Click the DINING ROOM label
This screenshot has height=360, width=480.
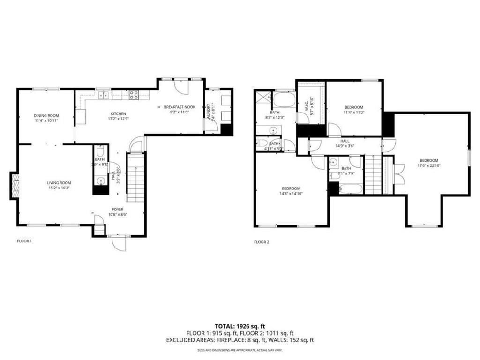tap(46, 115)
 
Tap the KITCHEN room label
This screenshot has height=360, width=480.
tap(118, 113)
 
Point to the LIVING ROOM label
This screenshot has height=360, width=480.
tap(59, 182)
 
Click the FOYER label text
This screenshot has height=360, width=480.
tap(118, 209)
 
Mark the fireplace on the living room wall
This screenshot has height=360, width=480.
tap(15, 186)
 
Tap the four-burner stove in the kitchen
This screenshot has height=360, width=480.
tap(134, 95)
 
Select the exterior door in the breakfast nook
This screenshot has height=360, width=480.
tap(180, 87)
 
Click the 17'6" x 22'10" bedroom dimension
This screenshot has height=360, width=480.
tap(428, 165)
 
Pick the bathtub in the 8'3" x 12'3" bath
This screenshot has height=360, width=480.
tap(284, 99)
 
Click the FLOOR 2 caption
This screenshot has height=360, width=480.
tap(262, 242)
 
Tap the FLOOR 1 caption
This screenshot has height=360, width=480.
tap(24, 241)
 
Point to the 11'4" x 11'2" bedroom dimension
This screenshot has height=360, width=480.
tap(354, 112)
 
